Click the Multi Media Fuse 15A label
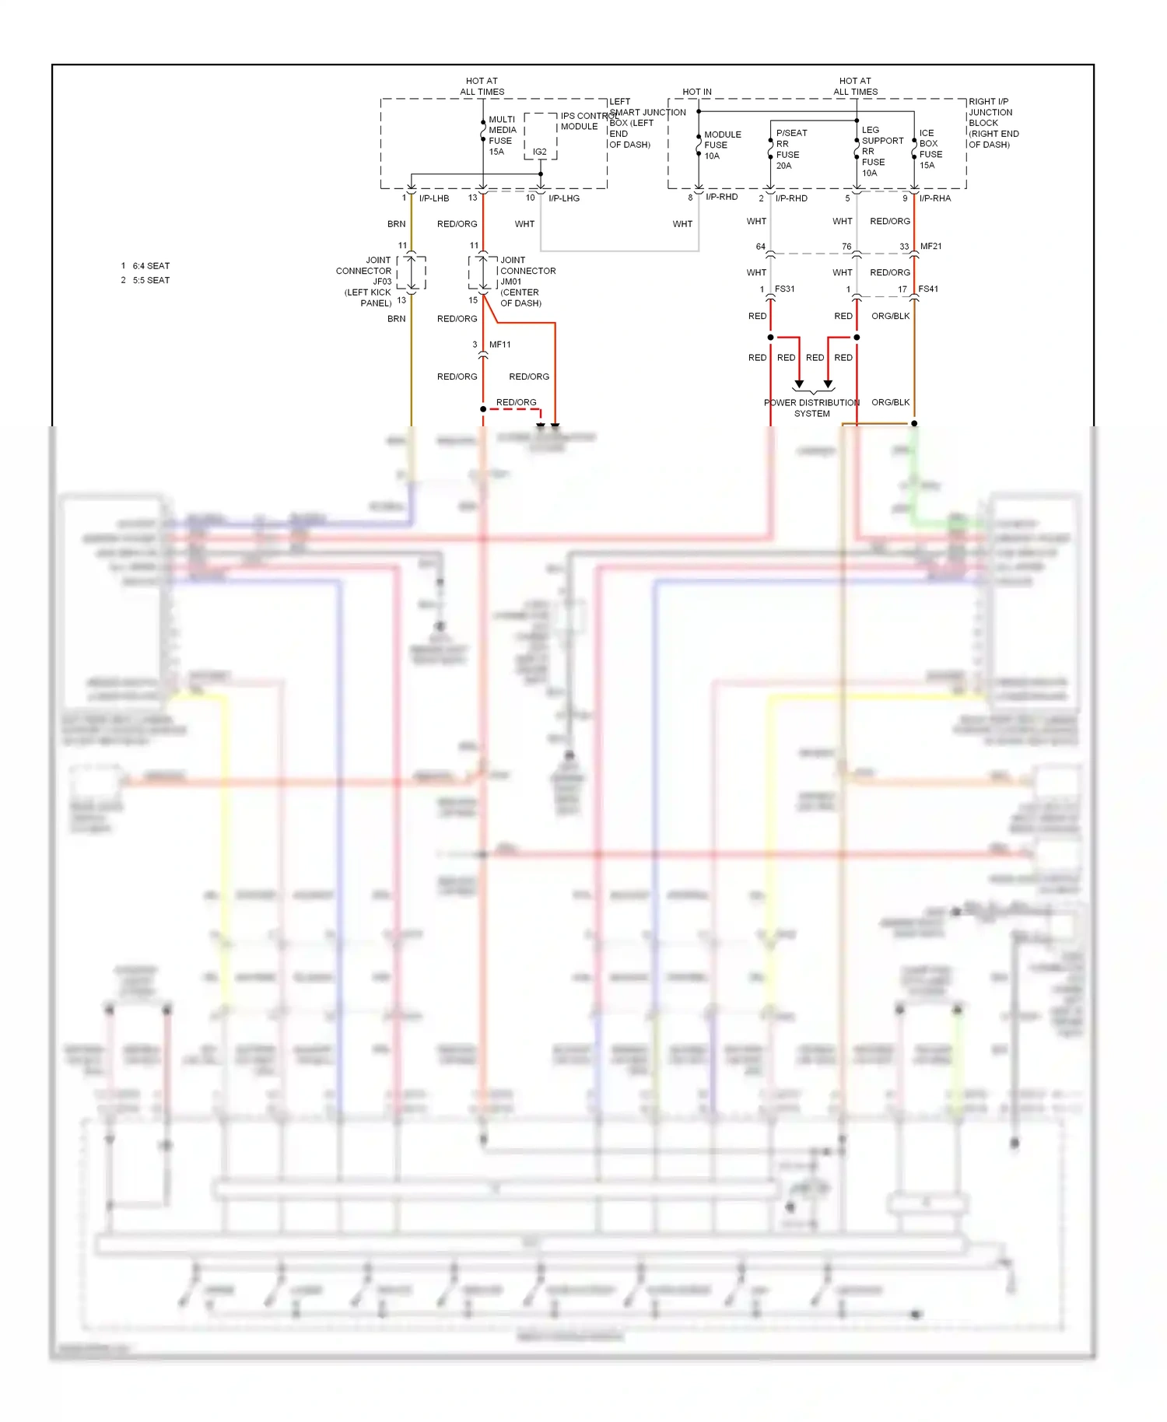tap(502, 135)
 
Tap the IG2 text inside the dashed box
tap(540, 152)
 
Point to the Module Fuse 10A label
tap(722, 145)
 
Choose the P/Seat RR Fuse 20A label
tap(790, 149)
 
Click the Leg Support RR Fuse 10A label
tap(881, 151)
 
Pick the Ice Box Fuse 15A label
tap(930, 149)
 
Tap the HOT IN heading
tap(697, 92)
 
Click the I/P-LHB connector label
tap(434, 198)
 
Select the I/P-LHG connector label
tap(564, 198)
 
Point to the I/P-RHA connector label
tap(935, 198)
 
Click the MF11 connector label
tap(500, 345)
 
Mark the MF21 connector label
tap(931, 247)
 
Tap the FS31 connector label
tap(785, 289)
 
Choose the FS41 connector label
tap(928, 289)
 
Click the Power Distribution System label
tap(812, 408)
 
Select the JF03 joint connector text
tap(382, 282)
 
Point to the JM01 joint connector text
tap(511, 282)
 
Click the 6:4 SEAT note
tap(151, 266)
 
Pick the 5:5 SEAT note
tap(151, 280)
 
